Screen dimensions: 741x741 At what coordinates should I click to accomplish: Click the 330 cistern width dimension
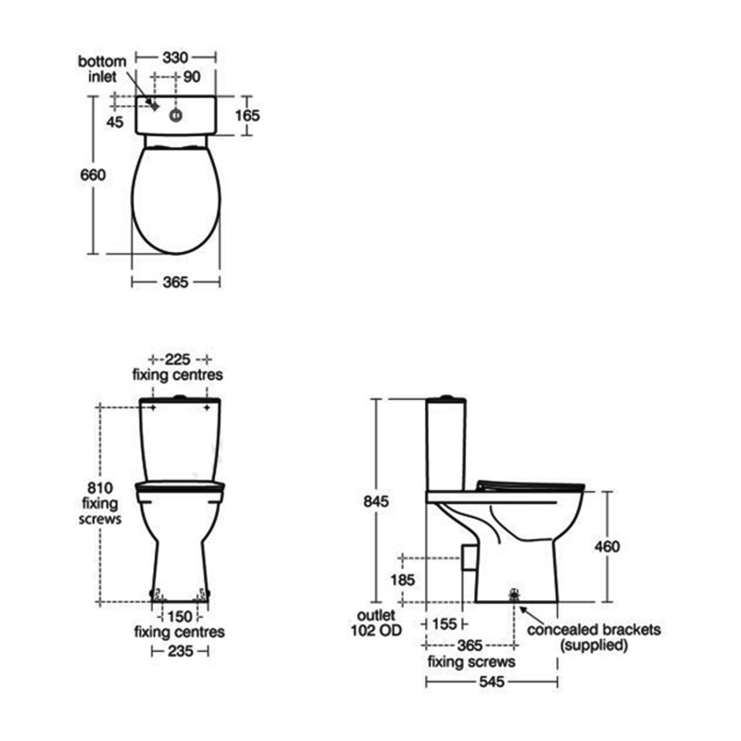coord(175,57)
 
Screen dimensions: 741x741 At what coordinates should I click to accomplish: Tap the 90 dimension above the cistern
coord(192,77)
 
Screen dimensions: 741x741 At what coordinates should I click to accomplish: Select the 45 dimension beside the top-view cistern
coord(115,122)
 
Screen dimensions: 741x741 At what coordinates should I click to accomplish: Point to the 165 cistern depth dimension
coord(247,115)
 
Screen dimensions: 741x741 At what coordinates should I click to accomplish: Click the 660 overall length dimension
coord(93,175)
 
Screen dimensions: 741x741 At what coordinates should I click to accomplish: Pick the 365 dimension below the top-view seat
coord(175,283)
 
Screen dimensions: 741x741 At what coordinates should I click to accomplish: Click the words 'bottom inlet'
coord(102,69)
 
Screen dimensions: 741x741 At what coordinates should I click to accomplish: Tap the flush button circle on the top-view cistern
coord(176,115)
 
